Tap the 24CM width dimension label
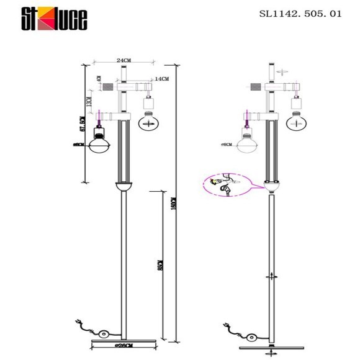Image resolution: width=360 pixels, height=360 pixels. (x=124, y=60)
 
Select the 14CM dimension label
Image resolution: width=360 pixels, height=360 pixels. (x=161, y=79)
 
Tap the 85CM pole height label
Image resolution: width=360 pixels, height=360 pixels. (x=160, y=266)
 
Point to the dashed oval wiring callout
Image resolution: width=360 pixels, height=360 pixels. (x=225, y=184)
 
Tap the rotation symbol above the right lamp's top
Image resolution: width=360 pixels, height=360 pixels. (x=281, y=72)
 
